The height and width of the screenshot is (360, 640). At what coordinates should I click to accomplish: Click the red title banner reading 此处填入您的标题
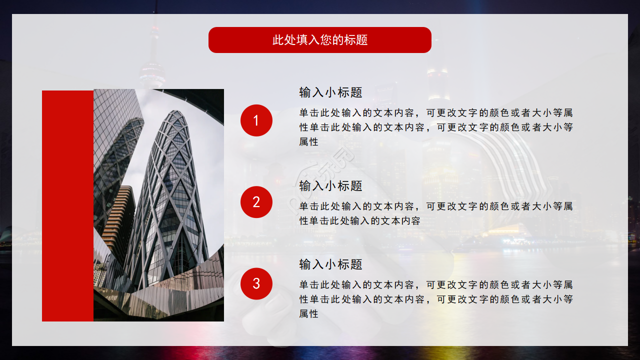pyautogui.click(x=319, y=40)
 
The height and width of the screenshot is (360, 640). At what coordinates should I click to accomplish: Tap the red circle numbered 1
pyautogui.click(x=256, y=120)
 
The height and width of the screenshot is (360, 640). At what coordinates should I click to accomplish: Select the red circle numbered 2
pyautogui.click(x=256, y=202)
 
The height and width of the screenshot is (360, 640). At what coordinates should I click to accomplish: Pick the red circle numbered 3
pyautogui.click(x=256, y=283)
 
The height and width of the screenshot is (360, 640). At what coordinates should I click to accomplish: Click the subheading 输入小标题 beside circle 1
pyautogui.click(x=330, y=92)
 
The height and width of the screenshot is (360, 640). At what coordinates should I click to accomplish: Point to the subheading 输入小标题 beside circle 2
pyautogui.click(x=330, y=186)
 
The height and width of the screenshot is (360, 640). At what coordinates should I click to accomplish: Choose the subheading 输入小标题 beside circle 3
pyautogui.click(x=330, y=264)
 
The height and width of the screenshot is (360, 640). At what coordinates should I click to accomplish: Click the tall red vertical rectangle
pyautogui.click(x=67, y=205)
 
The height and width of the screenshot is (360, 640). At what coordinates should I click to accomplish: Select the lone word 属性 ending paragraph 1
pyautogui.click(x=309, y=142)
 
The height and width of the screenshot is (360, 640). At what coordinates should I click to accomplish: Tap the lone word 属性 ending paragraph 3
pyautogui.click(x=309, y=314)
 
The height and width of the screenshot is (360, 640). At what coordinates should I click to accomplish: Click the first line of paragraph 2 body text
pyautogui.click(x=436, y=206)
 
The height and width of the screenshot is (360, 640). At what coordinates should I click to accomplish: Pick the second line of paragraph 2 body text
pyautogui.click(x=360, y=221)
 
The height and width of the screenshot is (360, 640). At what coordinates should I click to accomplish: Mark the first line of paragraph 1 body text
pyautogui.click(x=436, y=113)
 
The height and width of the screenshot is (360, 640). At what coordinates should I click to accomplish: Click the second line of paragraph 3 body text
pyautogui.click(x=436, y=299)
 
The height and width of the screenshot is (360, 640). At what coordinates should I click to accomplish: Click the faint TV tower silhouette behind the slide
pyautogui.click(x=152, y=55)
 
